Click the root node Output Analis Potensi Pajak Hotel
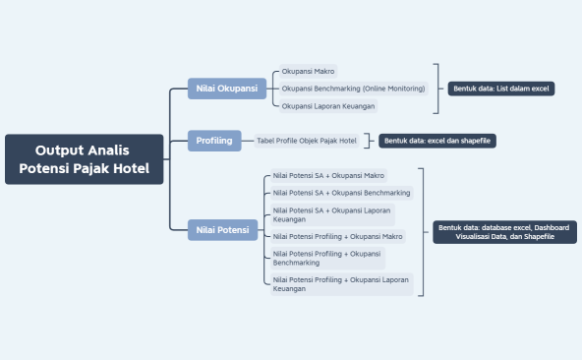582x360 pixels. point(84,159)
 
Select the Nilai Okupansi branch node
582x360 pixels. point(227,89)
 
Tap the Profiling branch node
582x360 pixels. point(214,141)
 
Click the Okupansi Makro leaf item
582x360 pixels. point(308,72)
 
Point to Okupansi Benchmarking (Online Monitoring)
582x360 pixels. point(353,89)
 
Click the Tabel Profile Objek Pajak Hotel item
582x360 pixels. point(307,141)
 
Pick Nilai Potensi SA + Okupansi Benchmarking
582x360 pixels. point(341,193)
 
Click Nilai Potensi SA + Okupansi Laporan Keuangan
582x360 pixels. point(329,214)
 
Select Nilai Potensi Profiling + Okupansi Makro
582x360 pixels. point(338,236)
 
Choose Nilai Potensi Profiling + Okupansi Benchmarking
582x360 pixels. point(326,258)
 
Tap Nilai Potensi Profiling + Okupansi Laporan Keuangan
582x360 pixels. point(340,284)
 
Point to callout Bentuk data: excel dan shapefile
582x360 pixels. point(437,141)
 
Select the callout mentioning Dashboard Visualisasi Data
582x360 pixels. point(503,232)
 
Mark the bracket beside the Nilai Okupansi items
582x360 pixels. point(436,89)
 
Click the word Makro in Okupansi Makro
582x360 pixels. point(323,72)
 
